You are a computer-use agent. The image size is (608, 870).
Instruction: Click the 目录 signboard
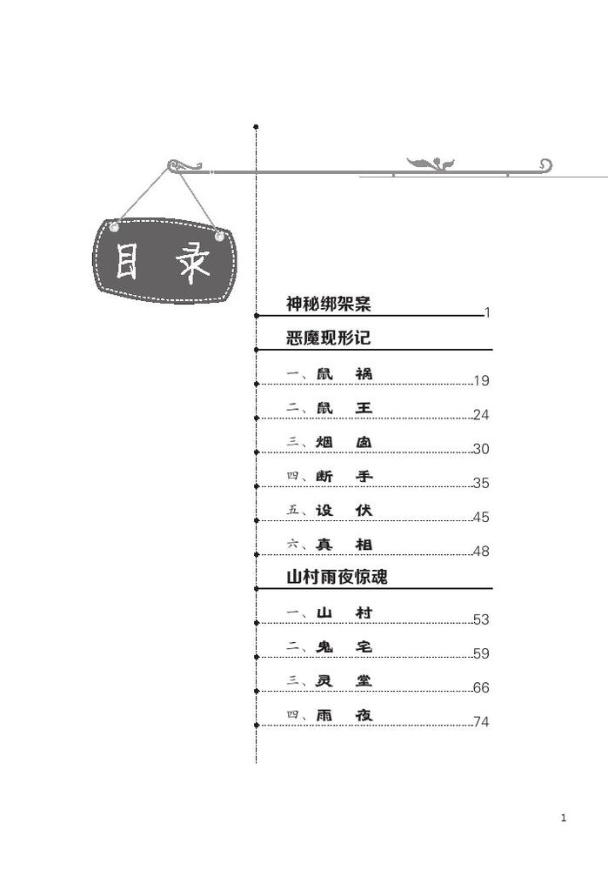(164, 260)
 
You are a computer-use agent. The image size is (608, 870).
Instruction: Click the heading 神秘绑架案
(329, 304)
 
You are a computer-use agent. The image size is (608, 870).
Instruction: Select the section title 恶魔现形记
(329, 338)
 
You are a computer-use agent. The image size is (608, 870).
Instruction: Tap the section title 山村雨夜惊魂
(337, 577)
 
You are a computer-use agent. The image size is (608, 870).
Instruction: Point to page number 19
(482, 381)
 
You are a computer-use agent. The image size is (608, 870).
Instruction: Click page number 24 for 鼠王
(482, 414)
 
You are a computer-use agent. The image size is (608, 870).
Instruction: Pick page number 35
(482, 483)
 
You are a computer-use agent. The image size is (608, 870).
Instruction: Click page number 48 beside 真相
(482, 551)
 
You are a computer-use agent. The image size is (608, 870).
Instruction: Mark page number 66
(482, 687)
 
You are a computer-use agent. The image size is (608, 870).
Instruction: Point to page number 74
(482, 722)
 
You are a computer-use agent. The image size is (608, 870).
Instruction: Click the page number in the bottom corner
(564, 818)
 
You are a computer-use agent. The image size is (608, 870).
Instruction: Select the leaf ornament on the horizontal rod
(431, 164)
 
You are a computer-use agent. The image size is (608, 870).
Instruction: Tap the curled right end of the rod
(546, 164)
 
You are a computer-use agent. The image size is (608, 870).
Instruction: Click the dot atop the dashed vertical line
(256, 127)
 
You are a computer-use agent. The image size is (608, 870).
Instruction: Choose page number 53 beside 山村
(482, 619)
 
